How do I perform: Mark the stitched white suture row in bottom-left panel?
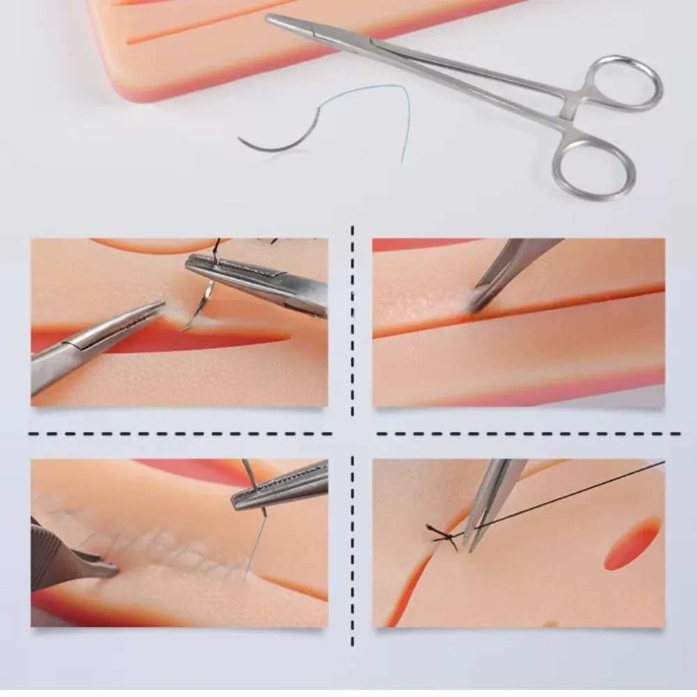tap(139, 537)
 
